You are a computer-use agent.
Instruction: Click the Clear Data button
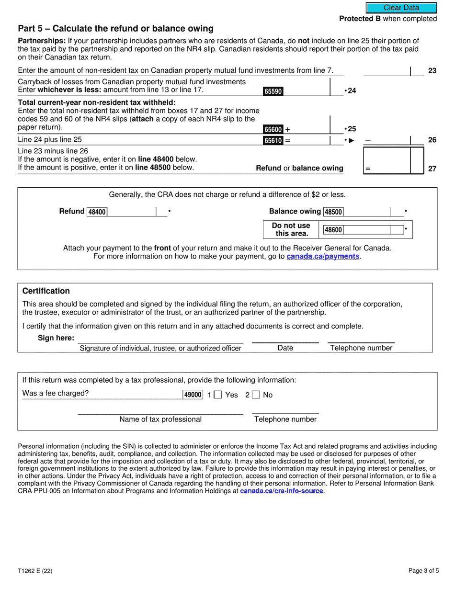pos(401,8)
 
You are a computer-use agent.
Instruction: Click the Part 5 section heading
pos(115,29)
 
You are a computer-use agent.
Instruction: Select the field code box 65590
pos(273,91)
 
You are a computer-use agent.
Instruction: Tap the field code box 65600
pos(273,129)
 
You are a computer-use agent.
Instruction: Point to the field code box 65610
pos(273,140)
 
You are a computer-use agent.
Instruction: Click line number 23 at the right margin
pos(432,71)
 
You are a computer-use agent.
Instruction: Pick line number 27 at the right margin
pos(432,169)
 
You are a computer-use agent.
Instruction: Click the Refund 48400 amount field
pos(131,212)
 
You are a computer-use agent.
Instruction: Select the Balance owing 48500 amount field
pos(366,212)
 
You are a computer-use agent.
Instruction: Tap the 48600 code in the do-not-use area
pos(333,230)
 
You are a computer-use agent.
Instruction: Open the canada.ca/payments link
pos(323,257)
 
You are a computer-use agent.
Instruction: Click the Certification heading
pos(46,291)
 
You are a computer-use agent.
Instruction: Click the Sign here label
pos(56,338)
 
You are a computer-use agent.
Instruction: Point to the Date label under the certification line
pos(285,348)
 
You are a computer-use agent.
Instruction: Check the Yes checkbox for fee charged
pos(217,395)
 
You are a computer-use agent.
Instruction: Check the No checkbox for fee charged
pos(256,395)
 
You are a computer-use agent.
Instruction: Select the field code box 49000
pos(193,395)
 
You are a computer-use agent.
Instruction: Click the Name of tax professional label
pos(160,419)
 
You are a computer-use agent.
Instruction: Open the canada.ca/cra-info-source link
pos(282,491)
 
